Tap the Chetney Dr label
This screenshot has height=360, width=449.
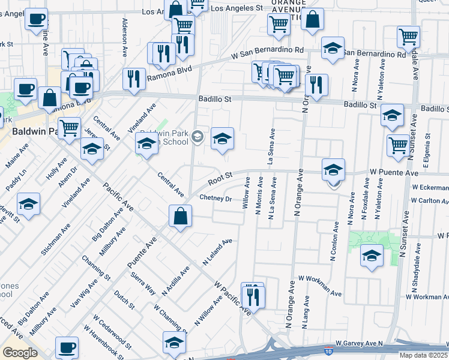point(215,198)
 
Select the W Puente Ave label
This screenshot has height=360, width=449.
point(393,172)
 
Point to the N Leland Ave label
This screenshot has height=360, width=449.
point(217,253)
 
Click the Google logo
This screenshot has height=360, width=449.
point(20,353)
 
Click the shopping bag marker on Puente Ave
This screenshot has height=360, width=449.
point(180,217)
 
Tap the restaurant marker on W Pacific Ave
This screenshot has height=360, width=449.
point(252,296)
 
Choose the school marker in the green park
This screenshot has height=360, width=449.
point(372,256)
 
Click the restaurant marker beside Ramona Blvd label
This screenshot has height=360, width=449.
point(134,80)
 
